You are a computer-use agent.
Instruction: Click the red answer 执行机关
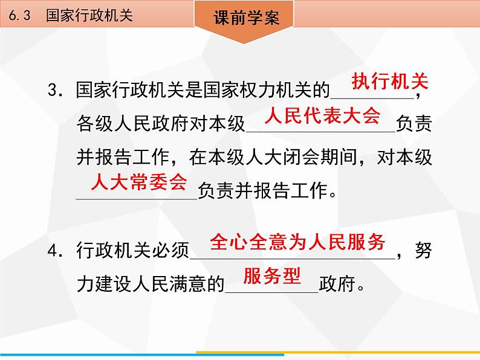pos(390,82)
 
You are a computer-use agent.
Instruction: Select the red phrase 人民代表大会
pos(322,116)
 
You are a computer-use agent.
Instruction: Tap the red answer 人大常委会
pos(138,182)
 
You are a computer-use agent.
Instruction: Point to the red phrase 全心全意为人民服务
pos(297,242)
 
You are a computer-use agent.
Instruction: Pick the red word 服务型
pos(272,275)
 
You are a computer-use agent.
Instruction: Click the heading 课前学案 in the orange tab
pos(247,18)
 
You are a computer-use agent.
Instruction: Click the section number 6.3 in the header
pos(20,15)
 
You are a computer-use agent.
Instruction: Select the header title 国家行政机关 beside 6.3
pos(89,15)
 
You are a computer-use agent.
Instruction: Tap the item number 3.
pos(55,90)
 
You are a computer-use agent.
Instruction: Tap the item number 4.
pos(55,251)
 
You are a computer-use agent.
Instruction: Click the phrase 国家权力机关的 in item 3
pos(266,90)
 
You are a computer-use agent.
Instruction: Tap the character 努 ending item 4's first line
pos(423,250)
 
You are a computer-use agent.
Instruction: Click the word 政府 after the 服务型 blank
pos(337,284)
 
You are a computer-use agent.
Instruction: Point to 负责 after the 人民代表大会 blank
pos(414,123)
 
